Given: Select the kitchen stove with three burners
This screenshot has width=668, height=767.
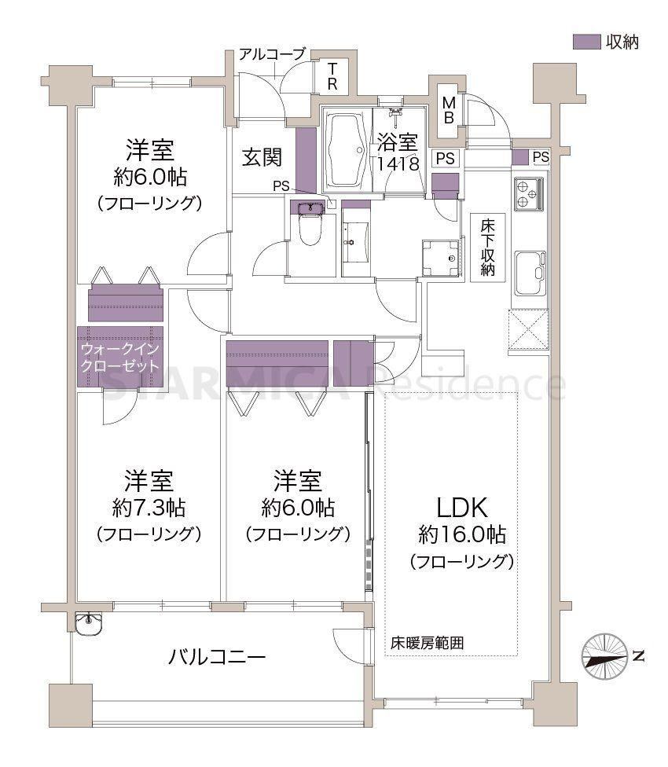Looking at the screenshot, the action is [x=529, y=193].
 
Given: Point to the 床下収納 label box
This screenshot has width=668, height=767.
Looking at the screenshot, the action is [x=487, y=248].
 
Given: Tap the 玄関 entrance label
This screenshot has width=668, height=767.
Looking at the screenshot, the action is [x=262, y=157].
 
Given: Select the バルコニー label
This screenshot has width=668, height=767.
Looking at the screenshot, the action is [x=217, y=656].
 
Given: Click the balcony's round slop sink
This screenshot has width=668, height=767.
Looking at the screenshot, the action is [x=89, y=623].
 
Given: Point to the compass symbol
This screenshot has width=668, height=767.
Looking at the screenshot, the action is [x=605, y=656].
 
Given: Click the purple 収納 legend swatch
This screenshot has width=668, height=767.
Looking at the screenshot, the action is [x=586, y=42].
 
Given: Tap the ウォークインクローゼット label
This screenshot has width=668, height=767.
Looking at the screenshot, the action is [x=119, y=358].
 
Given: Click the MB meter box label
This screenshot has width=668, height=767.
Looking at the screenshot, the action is [x=449, y=110].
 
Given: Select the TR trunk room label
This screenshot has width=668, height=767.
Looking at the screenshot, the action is [x=332, y=76].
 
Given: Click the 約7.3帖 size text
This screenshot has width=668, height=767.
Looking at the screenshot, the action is [x=149, y=508].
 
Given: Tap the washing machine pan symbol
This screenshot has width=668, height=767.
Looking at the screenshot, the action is [x=441, y=259].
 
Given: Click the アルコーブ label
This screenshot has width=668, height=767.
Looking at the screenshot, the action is [x=272, y=53].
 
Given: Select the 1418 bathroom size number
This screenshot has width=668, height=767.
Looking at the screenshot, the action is [x=398, y=163].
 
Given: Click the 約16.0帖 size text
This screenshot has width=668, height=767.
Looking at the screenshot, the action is [x=462, y=534].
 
